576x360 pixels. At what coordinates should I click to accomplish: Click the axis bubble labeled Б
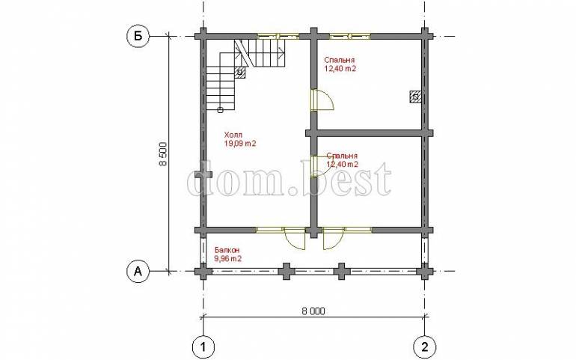coord(138,37)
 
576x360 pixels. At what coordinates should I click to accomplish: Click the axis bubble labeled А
coord(138,272)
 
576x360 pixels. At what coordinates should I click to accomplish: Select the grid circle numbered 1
coord(203,347)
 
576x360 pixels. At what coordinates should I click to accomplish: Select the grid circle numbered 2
coord(425,347)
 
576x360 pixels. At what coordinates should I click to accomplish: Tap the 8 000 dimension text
coord(313,311)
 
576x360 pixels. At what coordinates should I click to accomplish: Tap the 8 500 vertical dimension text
coord(163,154)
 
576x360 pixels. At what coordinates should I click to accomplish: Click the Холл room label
coord(233,135)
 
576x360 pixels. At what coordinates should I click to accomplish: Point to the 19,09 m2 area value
coord(240,144)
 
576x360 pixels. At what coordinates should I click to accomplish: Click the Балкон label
coord(226,251)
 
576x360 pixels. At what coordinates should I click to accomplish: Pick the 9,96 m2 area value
coord(227,259)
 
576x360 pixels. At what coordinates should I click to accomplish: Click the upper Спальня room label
coord(339,60)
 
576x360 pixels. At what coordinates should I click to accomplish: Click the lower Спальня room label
coord(342,156)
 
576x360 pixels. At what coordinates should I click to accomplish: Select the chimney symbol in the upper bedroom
coord(415,97)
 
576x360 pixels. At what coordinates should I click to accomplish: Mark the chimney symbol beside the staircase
coord(239,73)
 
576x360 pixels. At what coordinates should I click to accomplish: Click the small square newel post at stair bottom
coord(220,109)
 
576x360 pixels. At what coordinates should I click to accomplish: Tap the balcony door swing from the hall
coord(295,239)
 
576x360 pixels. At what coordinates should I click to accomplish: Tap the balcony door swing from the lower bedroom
coord(334,239)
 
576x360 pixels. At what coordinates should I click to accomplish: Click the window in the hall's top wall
coord(278,37)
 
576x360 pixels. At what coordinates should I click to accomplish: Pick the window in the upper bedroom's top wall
coord(350,37)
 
